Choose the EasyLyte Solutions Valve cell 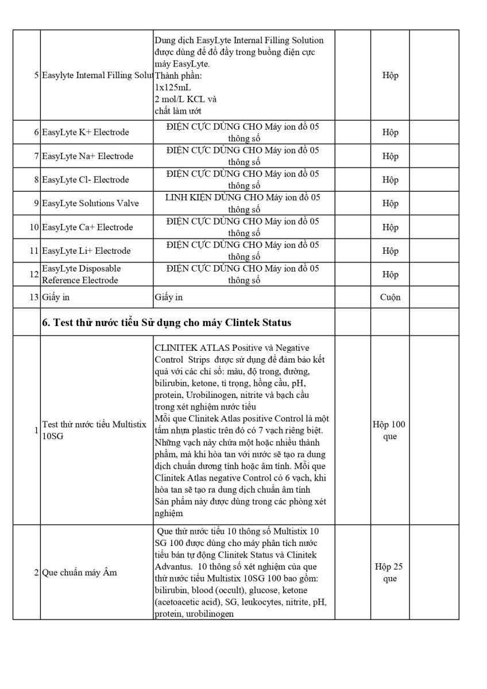[90, 203]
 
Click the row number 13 [34, 297]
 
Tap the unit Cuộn [390, 297]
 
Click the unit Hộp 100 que [389, 431]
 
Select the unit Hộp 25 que [389, 572]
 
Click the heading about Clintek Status [167, 323]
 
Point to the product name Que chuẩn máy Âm [80, 572]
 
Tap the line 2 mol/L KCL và [185, 99]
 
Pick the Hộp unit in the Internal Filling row [390, 75]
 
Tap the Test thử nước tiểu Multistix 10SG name [94, 431]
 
